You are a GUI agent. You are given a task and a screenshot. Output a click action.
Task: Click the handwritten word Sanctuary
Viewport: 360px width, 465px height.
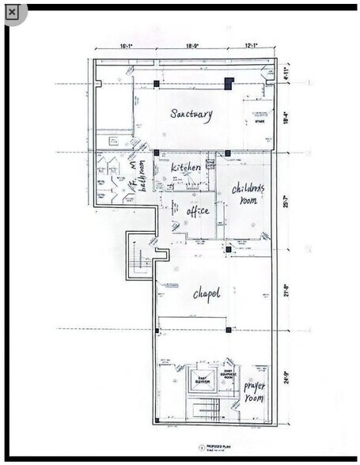tap(191, 114)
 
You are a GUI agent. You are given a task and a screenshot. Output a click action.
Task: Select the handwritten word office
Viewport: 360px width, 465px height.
tap(197, 211)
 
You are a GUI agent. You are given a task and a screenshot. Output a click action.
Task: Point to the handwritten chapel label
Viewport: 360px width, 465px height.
tap(206, 294)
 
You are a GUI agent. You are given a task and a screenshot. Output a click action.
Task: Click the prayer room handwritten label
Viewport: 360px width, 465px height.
tap(254, 391)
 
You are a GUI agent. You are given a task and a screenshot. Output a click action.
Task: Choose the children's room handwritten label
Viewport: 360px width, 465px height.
tap(248, 194)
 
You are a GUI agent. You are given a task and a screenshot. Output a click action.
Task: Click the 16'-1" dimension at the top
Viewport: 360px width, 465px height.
tap(127, 46)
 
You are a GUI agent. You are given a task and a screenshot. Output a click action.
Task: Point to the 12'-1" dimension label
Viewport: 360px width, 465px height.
tap(252, 46)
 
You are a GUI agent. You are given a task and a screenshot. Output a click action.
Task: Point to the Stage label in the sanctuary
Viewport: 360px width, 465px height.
tap(258, 120)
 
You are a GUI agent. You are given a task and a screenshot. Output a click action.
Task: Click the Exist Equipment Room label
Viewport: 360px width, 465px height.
tap(227, 375)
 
